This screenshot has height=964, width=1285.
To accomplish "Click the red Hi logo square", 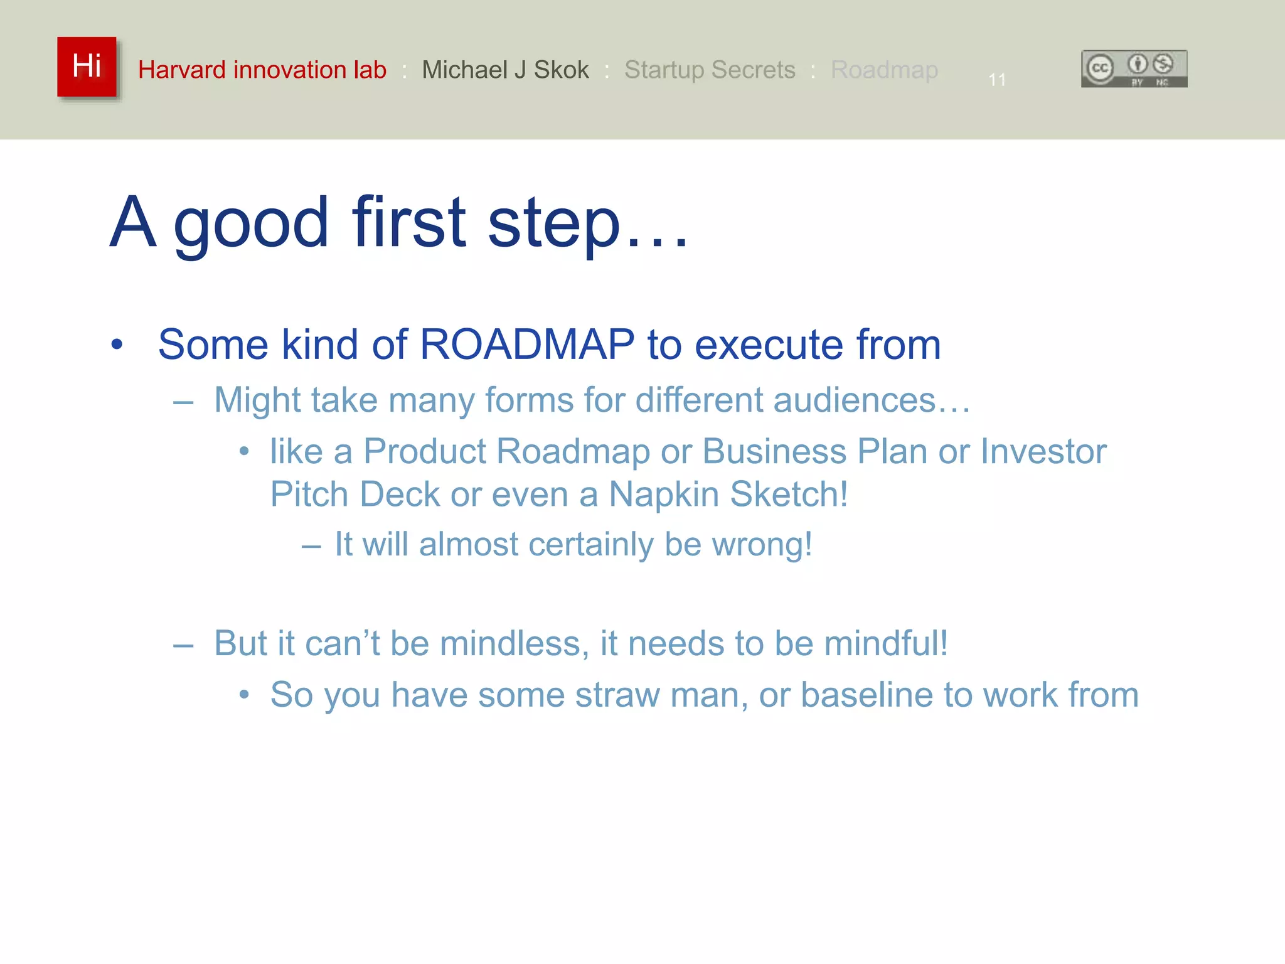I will tap(87, 67).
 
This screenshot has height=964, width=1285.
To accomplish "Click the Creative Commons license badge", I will tap(1134, 68).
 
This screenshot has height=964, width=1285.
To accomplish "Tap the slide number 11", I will tap(997, 80).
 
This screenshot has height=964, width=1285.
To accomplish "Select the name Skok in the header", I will tap(561, 70).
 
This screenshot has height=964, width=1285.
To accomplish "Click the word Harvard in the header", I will tap(182, 70).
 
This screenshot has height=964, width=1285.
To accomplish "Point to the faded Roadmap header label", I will tap(884, 70).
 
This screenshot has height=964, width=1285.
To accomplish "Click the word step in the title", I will tap(553, 223).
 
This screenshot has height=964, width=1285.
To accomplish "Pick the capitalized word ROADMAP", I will tap(527, 345).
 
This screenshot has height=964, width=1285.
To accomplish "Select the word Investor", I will tap(1043, 451).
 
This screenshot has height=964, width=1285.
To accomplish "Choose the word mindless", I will tap(509, 644).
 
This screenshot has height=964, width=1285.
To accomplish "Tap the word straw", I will tap(617, 695).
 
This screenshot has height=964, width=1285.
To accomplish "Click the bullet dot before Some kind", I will tap(117, 345).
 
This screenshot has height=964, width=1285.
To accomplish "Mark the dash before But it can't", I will tap(183, 645).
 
